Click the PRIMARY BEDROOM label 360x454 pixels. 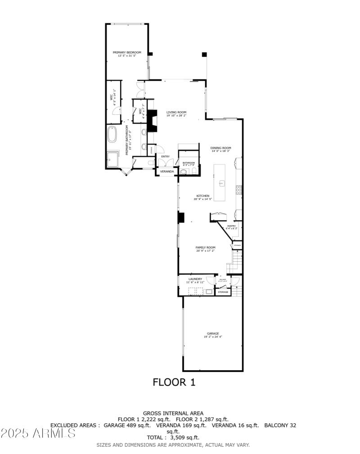(x=127, y=52)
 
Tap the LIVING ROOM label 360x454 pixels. (x=176, y=113)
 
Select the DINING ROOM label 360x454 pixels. (x=220, y=148)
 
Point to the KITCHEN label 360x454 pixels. (x=203, y=196)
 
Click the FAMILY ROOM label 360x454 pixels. (x=205, y=247)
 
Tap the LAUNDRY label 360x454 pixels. (x=195, y=279)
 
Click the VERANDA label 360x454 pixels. (x=167, y=172)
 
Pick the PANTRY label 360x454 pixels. (x=231, y=226)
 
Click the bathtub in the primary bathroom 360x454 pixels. (x=112, y=134)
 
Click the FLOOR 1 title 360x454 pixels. (x=174, y=382)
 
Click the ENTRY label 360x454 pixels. (x=165, y=156)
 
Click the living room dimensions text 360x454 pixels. (x=176, y=116)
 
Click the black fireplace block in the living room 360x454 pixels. (x=153, y=121)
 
